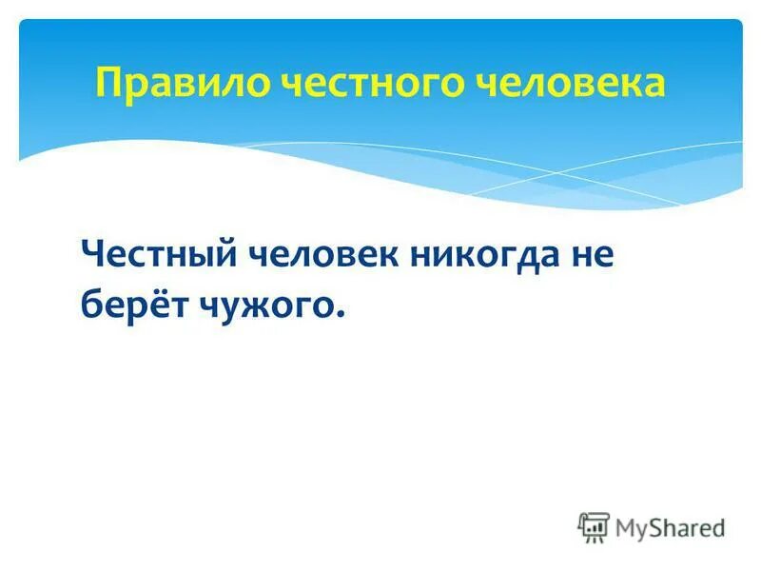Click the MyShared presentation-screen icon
[593, 526]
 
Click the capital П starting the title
[107, 84]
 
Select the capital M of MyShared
[627, 527]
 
